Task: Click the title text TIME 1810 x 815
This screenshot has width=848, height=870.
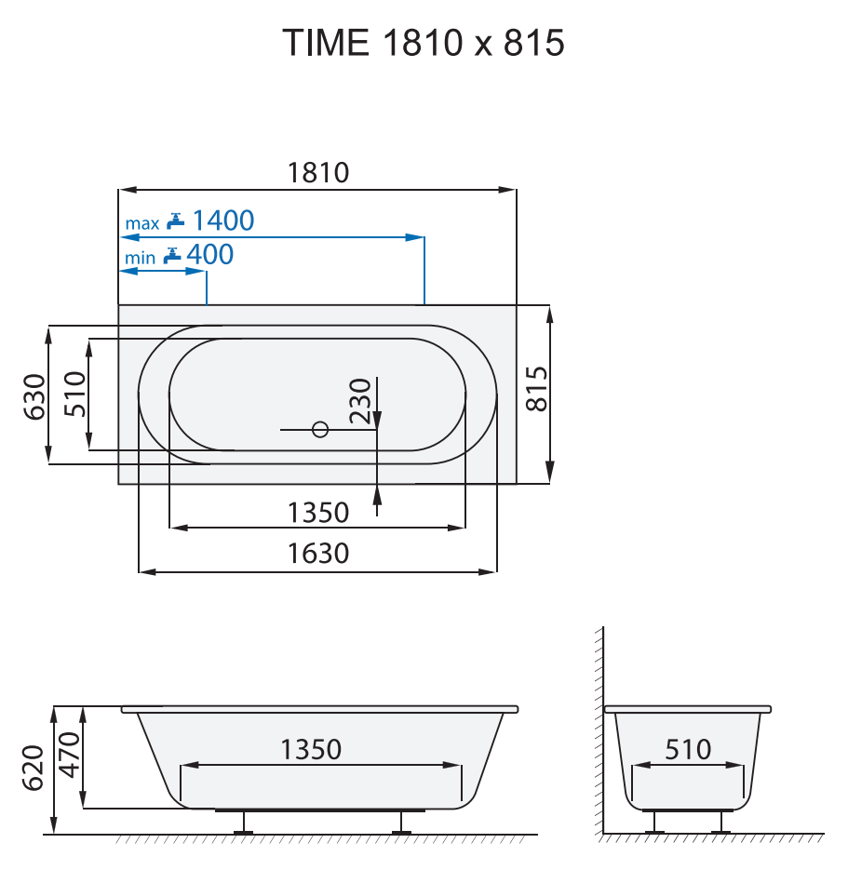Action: click(x=424, y=43)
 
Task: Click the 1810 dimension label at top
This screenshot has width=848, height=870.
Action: click(x=318, y=172)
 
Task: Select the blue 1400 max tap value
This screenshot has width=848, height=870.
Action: click(x=223, y=221)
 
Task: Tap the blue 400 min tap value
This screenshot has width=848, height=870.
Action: click(x=210, y=254)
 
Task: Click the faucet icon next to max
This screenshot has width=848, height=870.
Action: click(x=176, y=221)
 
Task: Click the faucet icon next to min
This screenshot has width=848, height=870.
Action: click(x=171, y=255)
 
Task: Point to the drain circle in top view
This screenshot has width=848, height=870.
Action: click(x=320, y=430)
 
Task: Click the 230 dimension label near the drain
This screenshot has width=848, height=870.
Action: click(x=361, y=400)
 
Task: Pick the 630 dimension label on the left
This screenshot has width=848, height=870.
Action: click(x=34, y=395)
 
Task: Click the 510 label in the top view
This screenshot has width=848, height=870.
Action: click(x=74, y=394)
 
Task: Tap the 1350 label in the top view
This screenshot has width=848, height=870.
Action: click(x=318, y=513)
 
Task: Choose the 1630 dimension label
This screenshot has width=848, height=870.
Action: click(x=318, y=554)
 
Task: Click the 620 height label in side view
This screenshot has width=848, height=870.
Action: click(x=34, y=768)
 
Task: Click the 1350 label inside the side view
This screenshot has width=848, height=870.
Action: click(x=311, y=749)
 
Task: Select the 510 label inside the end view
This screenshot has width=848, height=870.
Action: click(x=689, y=749)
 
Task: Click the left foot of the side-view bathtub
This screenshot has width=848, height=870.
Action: click(x=246, y=822)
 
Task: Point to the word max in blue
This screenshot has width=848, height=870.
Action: click(x=142, y=223)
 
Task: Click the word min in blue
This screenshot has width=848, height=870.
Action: click(x=141, y=258)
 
